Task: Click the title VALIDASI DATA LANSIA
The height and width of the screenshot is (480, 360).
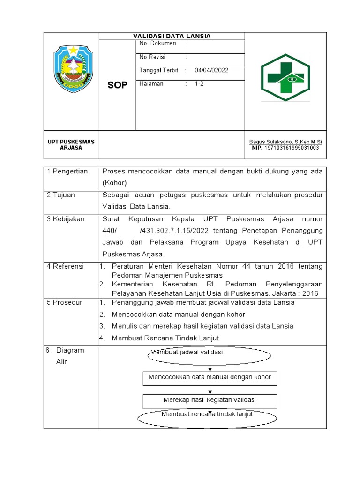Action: pyautogui.click(x=172, y=36)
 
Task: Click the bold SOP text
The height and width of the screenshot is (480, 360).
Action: pyautogui.click(x=117, y=85)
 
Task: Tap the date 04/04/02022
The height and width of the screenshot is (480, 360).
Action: pyautogui.click(x=211, y=70)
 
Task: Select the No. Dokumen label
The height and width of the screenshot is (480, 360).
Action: pyautogui.click(x=158, y=43)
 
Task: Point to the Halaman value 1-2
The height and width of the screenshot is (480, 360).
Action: pyautogui.click(x=200, y=84)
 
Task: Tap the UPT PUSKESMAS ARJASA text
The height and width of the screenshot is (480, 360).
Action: pyautogui.click(x=71, y=144)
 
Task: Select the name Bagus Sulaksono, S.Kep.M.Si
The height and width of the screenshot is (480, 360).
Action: pyautogui.click(x=285, y=142)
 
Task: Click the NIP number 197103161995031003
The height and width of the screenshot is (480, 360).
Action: pyautogui.click(x=292, y=148)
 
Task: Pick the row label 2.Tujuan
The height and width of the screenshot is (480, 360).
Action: pyautogui.click(x=61, y=195)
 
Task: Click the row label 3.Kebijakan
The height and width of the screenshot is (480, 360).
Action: pyautogui.click(x=66, y=219)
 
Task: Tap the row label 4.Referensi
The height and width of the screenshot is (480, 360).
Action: pyautogui.click(x=65, y=266)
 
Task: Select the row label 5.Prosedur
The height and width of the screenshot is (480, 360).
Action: pyautogui.click(x=65, y=302)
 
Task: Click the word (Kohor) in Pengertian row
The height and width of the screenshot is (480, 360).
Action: pyautogui.click(x=114, y=183)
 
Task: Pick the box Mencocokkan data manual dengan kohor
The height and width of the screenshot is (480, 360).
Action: pyautogui.click(x=210, y=377)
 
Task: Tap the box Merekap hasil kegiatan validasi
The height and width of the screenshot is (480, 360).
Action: pyautogui.click(x=210, y=400)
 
